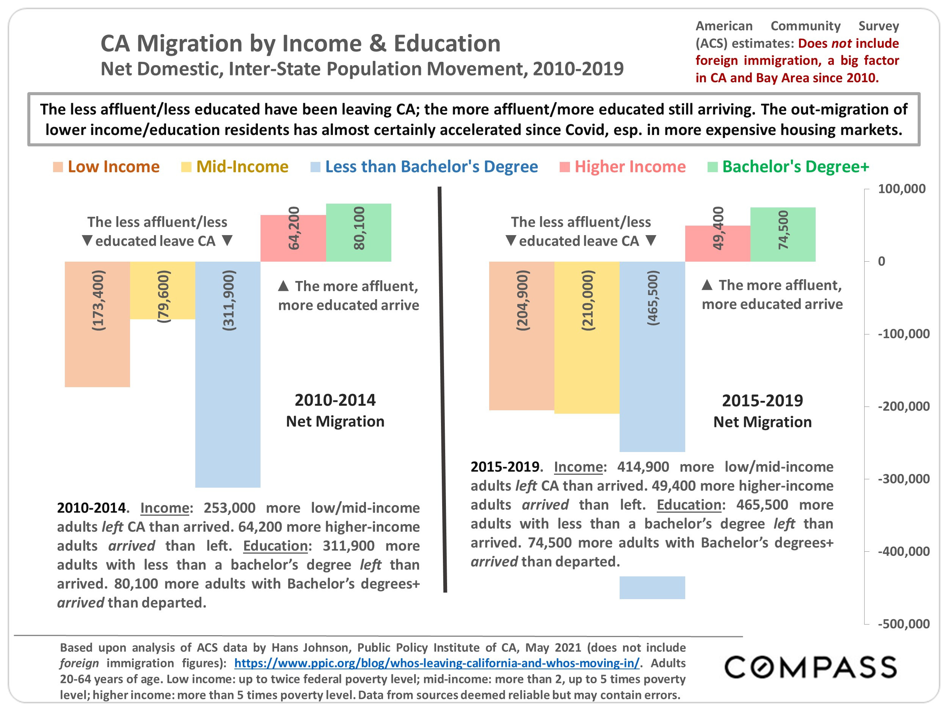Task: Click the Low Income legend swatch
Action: [58, 167]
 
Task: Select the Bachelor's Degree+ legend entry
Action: [795, 167]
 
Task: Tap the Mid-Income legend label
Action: [242, 167]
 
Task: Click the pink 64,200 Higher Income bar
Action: [293, 238]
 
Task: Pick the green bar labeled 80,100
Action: [358, 233]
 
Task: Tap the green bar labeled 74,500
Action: [783, 234]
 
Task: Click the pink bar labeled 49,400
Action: [717, 243]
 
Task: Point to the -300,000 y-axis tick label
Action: [903, 479]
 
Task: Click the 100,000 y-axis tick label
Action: [901, 188]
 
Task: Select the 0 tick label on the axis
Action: [881, 261]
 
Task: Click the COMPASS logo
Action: [810, 667]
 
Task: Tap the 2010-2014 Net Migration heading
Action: [335, 411]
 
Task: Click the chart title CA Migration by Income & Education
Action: [300, 43]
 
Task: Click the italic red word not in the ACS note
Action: [841, 43]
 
